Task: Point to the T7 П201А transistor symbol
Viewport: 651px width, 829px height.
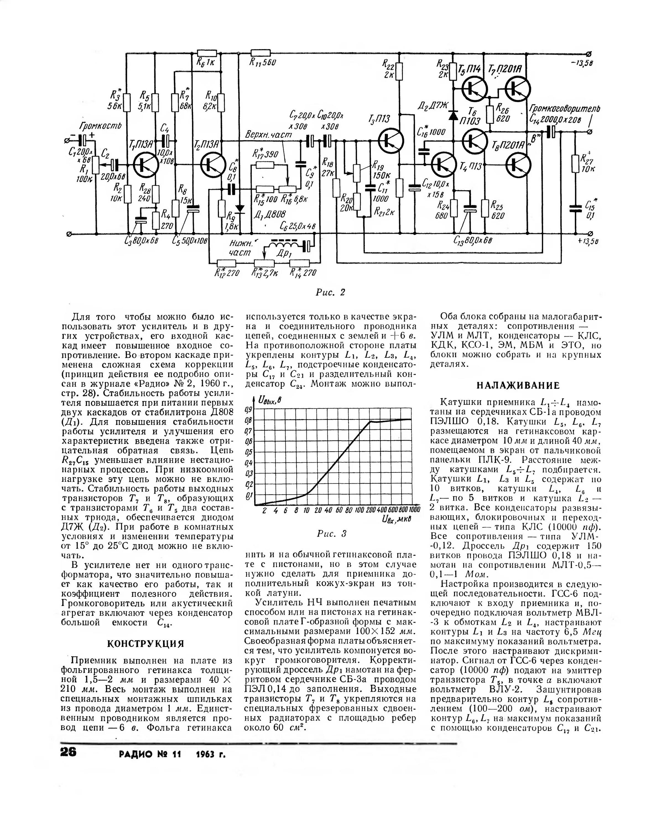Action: [517, 88]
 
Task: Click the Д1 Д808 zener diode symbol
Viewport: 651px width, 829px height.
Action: [239, 209]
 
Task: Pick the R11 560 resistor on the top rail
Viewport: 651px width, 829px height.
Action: [261, 53]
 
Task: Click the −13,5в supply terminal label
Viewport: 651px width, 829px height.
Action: [582, 63]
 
